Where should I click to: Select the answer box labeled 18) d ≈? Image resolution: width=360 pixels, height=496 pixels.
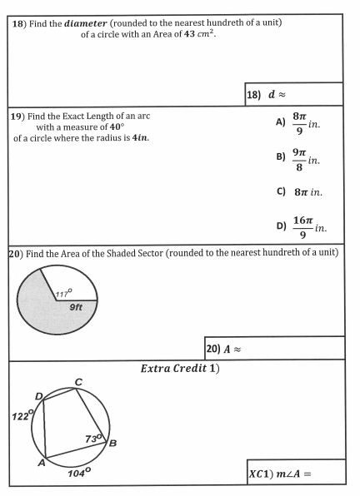(x=294, y=94)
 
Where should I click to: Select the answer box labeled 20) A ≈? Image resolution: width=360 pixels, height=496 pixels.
(x=274, y=348)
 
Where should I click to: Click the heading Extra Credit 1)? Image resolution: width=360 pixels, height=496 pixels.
(x=180, y=368)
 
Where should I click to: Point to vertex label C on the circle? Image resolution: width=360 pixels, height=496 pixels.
(x=78, y=381)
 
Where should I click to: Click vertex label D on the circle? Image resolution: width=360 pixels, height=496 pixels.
(x=38, y=395)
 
